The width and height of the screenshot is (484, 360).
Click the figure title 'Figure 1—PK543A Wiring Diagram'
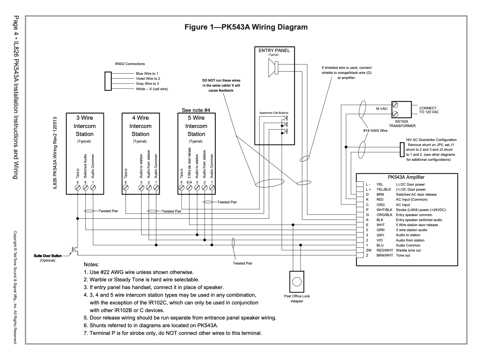point(246,27)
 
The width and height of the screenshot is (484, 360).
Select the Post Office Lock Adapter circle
point(297,282)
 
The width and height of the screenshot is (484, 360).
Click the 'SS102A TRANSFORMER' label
point(402,124)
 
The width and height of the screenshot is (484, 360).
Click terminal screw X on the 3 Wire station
point(78,187)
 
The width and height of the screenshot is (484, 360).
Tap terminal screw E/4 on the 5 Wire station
point(189,187)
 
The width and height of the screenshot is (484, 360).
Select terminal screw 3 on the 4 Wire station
point(141,187)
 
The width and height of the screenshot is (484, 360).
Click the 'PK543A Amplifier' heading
point(406,177)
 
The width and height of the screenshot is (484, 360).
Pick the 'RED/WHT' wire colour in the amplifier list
point(384,250)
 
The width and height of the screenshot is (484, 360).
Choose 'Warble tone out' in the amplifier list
point(408,250)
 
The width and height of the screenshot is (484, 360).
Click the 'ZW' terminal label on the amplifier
point(368,250)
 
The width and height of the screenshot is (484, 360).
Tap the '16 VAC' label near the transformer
point(381,109)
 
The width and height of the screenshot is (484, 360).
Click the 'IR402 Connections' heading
point(130,64)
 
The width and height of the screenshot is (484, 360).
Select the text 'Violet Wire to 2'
point(148,79)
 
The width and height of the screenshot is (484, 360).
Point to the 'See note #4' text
point(196,110)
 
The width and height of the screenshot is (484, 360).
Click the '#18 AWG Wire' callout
point(375,131)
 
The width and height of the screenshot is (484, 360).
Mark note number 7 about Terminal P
point(173,333)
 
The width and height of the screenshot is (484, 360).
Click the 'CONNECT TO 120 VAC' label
point(429,110)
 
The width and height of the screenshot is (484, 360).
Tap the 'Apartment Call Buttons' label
point(274,113)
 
